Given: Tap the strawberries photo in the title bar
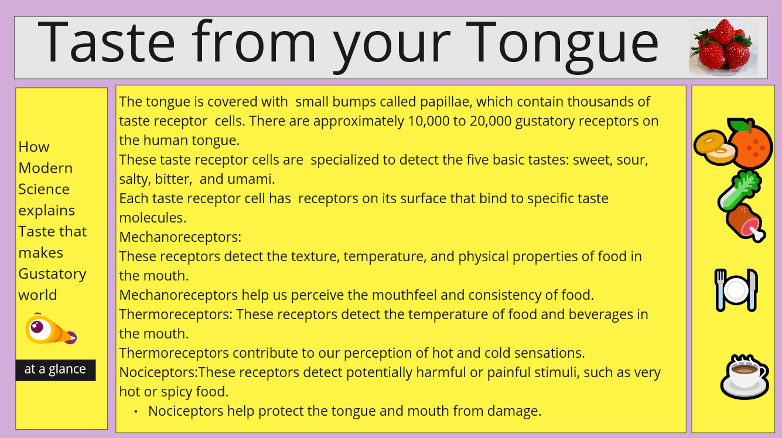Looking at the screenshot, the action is (723, 47).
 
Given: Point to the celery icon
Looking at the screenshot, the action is (739, 190).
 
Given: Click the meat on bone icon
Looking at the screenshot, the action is (745, 223).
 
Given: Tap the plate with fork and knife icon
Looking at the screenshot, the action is (736, 290).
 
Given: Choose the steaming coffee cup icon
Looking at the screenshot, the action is (744, 377).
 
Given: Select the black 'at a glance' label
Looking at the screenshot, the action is (56, 370).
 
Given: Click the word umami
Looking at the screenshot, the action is (251, 179).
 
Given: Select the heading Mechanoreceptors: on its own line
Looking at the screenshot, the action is (180, 237).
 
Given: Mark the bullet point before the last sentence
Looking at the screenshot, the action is (135, 412).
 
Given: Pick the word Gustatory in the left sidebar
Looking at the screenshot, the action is (52, 274).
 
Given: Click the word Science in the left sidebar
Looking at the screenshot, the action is (44, 189).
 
